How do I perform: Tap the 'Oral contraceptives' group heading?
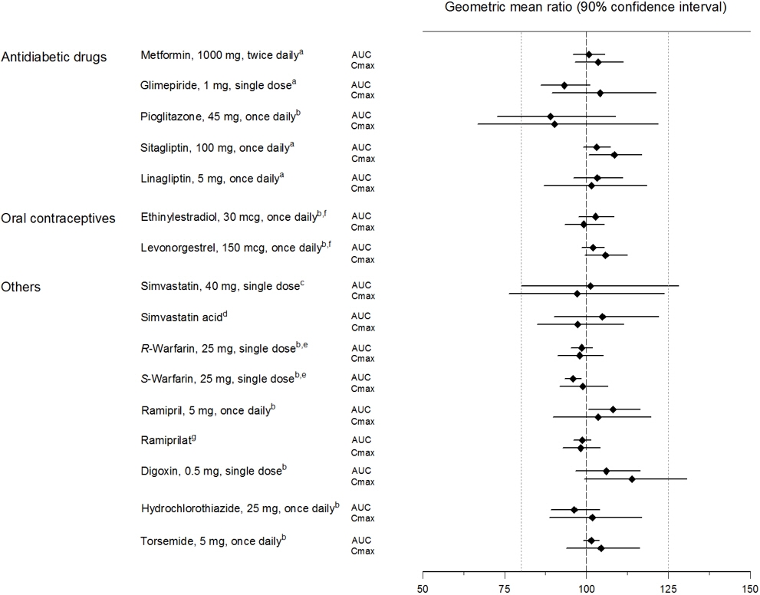point(58,219)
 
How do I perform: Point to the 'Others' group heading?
point(21,288)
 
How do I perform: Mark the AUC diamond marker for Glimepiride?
point(564,85)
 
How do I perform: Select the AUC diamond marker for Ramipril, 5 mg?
point(613,409)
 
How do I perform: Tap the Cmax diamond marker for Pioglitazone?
point(554,124)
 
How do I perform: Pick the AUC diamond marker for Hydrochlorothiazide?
point(574,510)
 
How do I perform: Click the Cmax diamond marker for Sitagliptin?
point(614,155)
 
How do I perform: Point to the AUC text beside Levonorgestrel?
point(360,247)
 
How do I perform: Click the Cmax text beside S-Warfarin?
point(363,388)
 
